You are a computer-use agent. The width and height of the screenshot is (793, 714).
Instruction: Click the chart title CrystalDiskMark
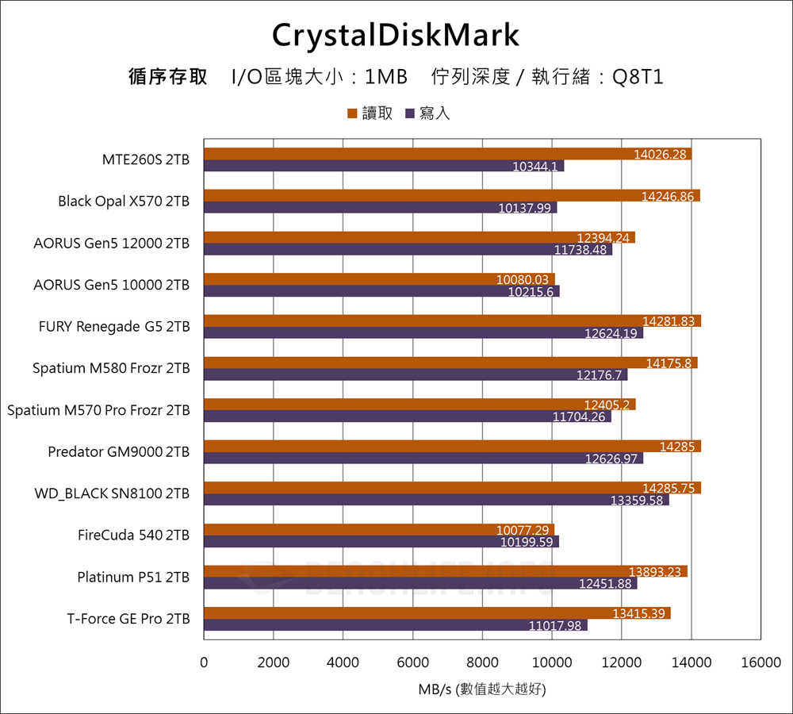(x=396, y=35)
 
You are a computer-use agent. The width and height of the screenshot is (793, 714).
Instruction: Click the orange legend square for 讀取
(x=351, y=114)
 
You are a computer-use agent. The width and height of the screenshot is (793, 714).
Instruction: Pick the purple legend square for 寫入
(x=410, y=114)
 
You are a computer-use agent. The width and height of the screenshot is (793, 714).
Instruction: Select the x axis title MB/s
(x=435, y=689)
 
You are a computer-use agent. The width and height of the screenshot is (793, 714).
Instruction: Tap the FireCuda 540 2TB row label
(x=133, y=535)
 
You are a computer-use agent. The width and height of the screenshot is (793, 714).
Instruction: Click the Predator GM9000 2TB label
(x=118, y=452)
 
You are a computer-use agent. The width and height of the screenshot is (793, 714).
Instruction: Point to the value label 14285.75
(x=668, y=488)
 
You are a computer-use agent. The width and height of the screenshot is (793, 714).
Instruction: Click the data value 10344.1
(x=535, y=167)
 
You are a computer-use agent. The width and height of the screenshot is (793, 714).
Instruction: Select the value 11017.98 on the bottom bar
(x=556, y=625)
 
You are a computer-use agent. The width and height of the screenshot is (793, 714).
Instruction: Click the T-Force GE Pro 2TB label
(x=128, y=619)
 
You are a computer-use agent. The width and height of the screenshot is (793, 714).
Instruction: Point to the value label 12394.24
(x=603, y=237)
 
